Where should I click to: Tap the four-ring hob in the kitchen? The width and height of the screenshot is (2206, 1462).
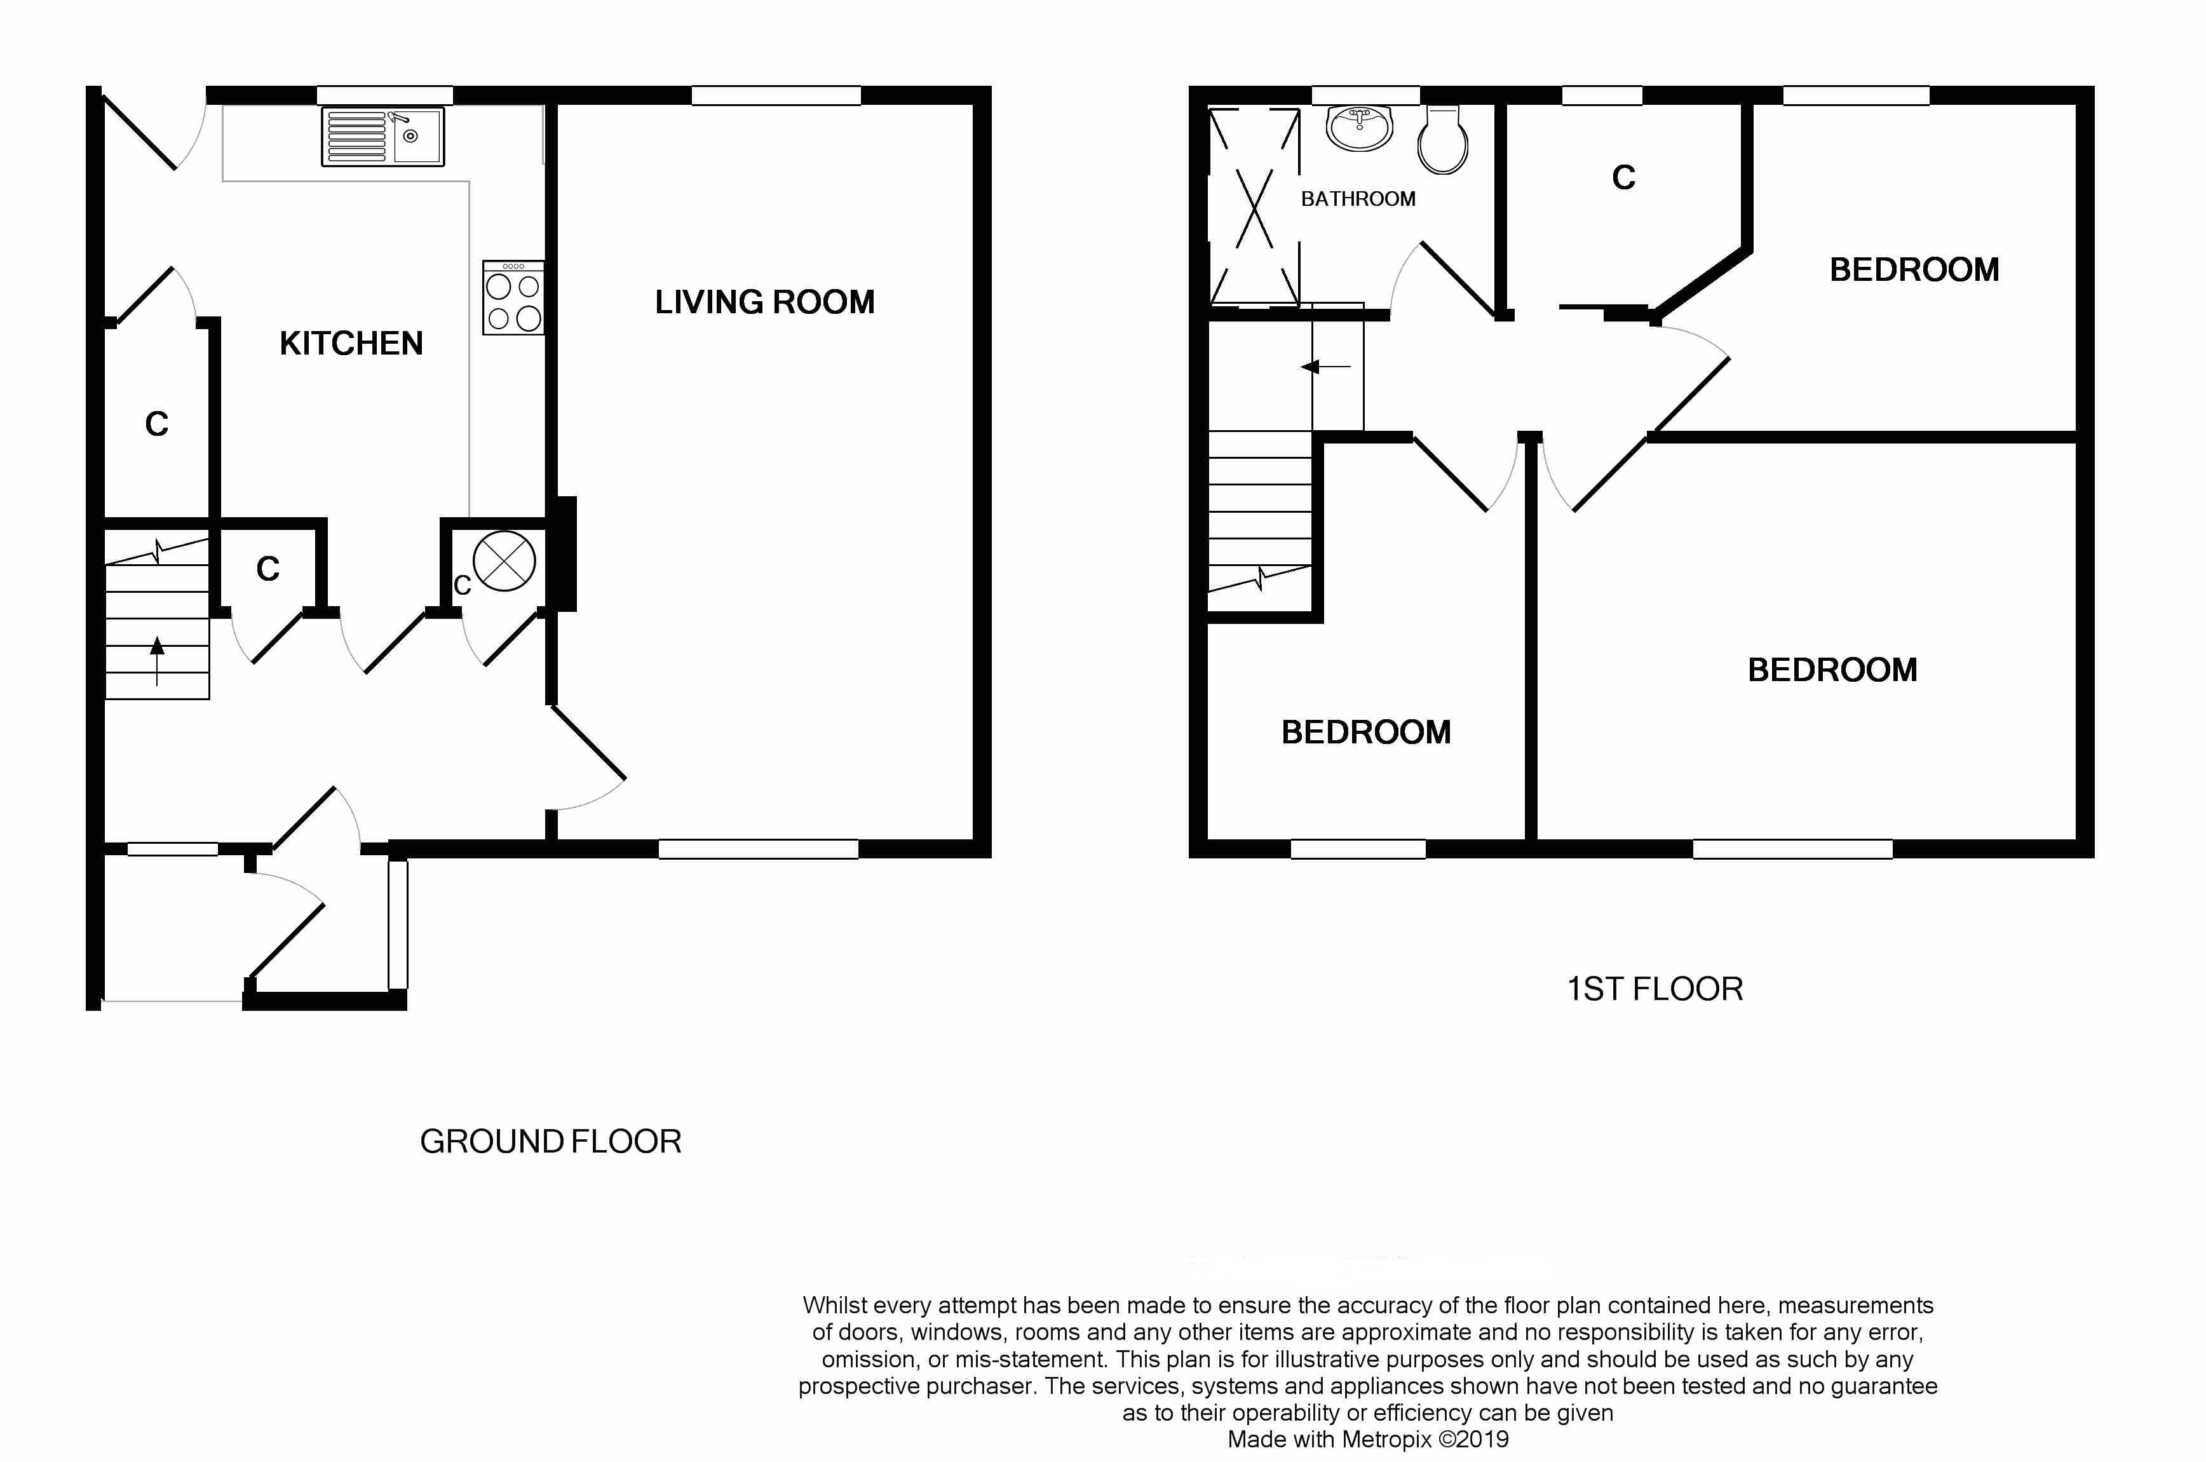513,299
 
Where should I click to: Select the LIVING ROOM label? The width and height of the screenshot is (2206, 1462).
764,302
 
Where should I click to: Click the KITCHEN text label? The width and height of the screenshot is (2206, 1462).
351,343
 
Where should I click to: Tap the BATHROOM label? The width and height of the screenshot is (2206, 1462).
1358,199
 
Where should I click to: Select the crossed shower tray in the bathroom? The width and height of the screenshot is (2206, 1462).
1254,207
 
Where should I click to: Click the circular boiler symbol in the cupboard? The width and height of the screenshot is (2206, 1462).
504,561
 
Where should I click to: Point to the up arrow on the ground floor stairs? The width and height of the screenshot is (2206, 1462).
157,658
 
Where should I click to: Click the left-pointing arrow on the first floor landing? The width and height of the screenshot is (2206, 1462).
1324,367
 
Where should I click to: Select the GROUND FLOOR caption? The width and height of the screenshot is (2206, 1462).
550,1141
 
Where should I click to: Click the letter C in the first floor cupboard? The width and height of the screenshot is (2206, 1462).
1623,177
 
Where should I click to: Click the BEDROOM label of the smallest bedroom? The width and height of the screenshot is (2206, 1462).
1366,732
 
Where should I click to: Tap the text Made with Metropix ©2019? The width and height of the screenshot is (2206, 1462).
1368,1438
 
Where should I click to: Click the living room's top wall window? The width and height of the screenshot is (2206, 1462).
776,95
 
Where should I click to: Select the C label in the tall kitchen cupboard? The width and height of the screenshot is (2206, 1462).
157,424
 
